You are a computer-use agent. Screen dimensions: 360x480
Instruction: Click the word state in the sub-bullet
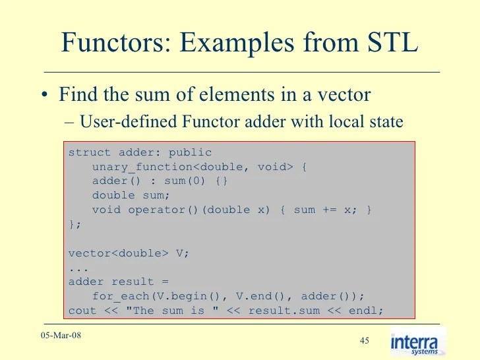pos(381,123)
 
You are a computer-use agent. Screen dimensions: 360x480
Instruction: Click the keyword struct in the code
pos(90,152)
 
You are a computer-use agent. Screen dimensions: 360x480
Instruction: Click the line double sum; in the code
pos(131,195)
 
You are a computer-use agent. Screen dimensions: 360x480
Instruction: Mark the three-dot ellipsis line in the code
pos(78,267)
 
